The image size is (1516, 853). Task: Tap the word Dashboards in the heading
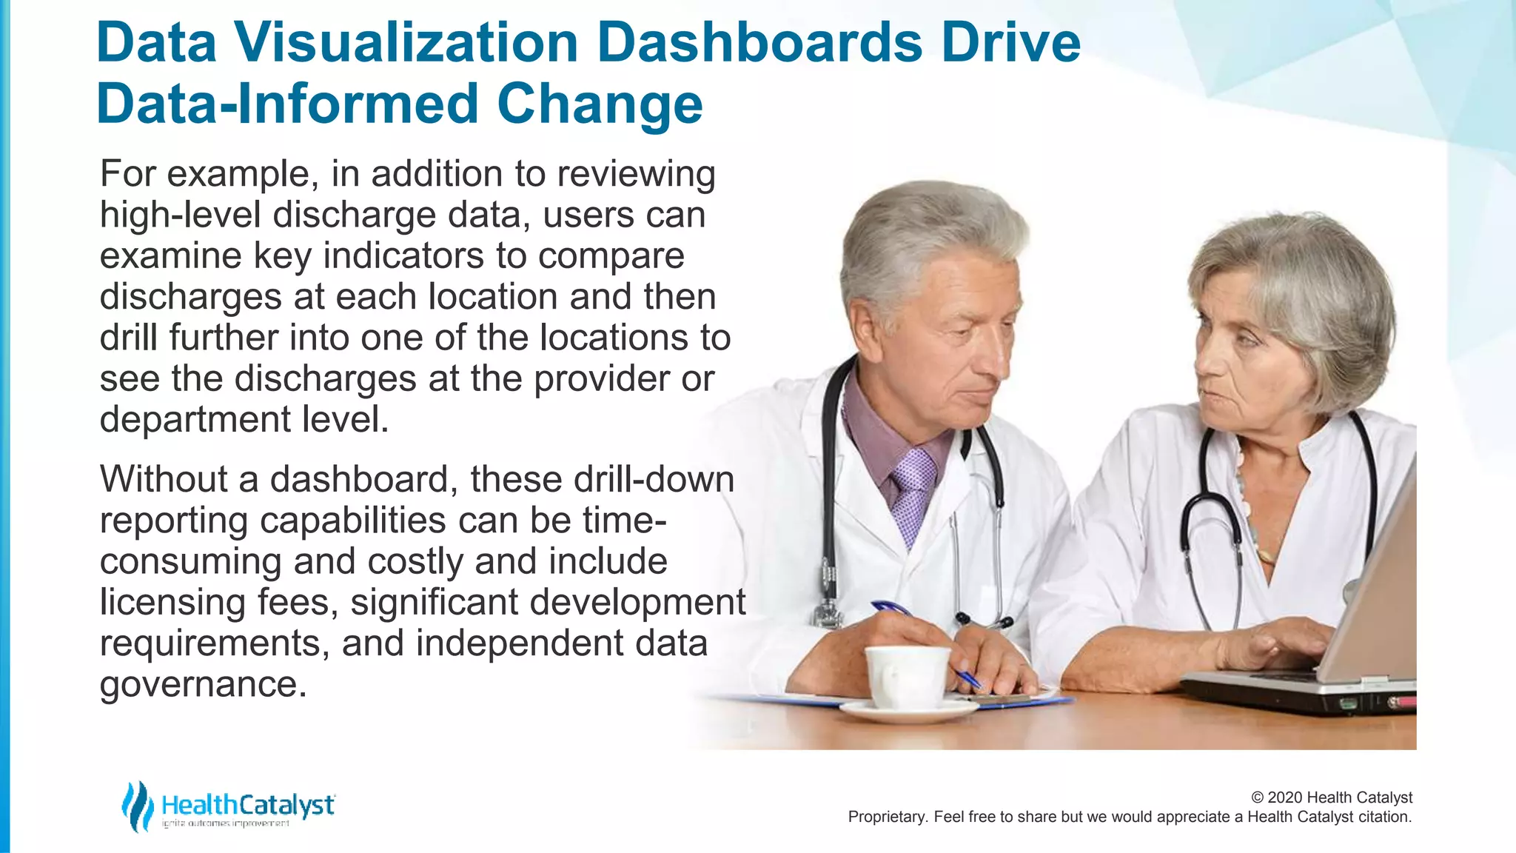(759, 42)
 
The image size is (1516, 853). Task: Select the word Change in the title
(600, 104)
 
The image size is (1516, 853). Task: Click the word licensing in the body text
(172, 603)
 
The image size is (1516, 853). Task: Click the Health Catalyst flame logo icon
(137, 806)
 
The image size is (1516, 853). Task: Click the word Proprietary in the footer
(885, 817)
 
